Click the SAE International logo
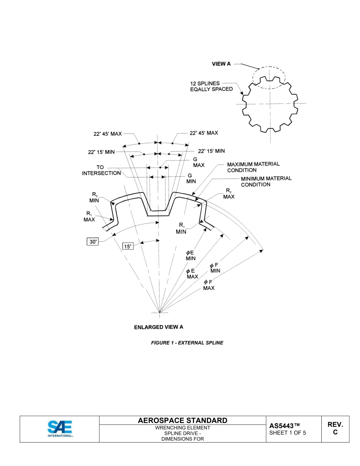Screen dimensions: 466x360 pyautogui.click(x=60, y=429)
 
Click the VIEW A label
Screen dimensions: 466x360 pyautogui.click(x=221, y=64)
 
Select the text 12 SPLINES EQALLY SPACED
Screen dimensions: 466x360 pyautogui.click(x=211, y=86)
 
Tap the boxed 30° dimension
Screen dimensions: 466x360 pyautogui.click(x=93, y=242)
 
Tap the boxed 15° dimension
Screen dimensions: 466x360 pyautogui.click(x=128, y=246)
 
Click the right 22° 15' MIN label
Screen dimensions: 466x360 pyautogui.click(x=211, y=151)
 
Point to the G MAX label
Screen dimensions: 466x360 pyautogui.click(x=199, y=162)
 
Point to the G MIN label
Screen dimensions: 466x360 pyautogui.click(x=191, y=178)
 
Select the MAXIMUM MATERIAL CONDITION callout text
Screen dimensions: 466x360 pyautogui.click(x=253, y=167)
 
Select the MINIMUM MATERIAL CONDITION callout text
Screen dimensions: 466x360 pyautogui.click(x=266, y=181)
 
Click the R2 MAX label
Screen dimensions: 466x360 pyautogui.click(x=229, y=194)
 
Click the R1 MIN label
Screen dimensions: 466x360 pyautogui.click(x=181, y=228)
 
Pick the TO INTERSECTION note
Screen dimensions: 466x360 pyautogui.click(x=101, y=170)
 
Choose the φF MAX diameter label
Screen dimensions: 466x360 pyautogui.click(x=208, y=285)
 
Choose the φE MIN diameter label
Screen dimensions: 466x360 pyautogui.click(x=191, y=255)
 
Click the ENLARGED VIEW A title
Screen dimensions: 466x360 pyautogui.click(x=158, y=327)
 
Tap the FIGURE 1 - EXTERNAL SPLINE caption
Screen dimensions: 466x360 pyautogui.click(x=187, y=343)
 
